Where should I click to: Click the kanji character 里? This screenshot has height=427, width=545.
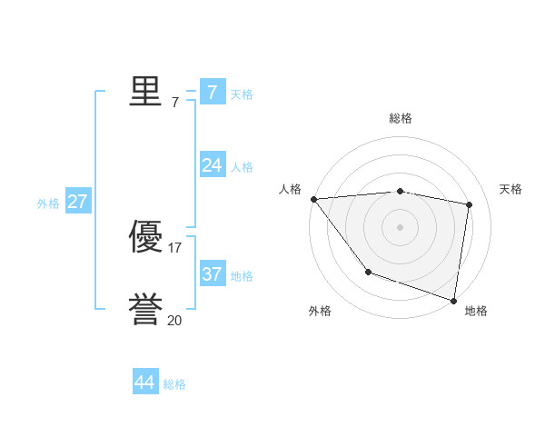tap(145, 91)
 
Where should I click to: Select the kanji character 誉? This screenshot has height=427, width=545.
tap(145, 310)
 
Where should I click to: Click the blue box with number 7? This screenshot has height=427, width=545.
tap(212, 92)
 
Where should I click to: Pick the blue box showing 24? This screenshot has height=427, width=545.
tap(212, 164)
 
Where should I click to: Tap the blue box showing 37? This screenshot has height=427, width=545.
tap(212, 273)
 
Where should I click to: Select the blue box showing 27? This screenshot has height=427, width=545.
tap(77, 201)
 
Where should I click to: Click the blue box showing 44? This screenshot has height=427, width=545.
tap(144, 382)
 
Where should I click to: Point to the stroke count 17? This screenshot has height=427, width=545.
tap(174, 248)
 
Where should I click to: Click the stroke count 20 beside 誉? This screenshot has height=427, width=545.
tap(174, 320)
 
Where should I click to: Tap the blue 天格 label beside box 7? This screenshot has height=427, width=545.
tap(242, 94)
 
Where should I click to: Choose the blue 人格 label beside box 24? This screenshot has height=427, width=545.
tap(242, 167)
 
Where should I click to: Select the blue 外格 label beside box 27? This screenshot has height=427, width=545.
tap(48, 204)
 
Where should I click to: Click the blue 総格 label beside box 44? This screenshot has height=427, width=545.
tap(174, 385)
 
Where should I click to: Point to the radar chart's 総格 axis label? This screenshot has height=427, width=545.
tap(401, 118)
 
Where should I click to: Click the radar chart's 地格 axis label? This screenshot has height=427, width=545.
tap(476, 311)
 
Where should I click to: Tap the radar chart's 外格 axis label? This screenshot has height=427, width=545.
tap(320, 311)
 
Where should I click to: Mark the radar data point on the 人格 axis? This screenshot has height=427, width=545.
tap(313, 199)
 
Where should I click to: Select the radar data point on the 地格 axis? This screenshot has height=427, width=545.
tap(453, 299)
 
